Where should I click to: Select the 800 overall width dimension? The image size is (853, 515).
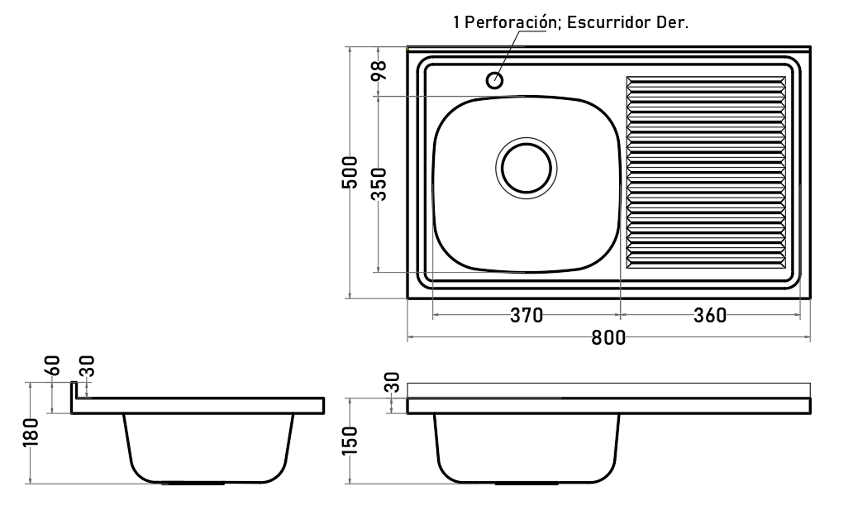pos(608,338)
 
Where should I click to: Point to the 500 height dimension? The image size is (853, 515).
pos(350,173)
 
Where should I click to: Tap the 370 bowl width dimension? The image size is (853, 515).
pos(527,315)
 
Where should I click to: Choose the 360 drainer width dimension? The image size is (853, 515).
pos(710,315)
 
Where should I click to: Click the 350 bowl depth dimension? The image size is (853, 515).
pos(379,184)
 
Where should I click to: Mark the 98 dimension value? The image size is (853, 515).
pos(379,70)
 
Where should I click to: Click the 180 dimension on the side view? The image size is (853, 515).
pos(31,432)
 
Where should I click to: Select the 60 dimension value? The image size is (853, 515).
pos(53,365)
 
